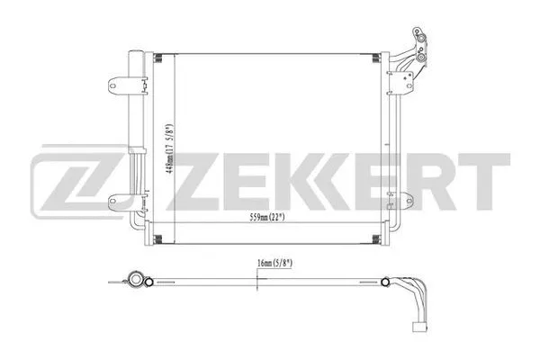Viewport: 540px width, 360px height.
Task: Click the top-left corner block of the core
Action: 158,59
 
